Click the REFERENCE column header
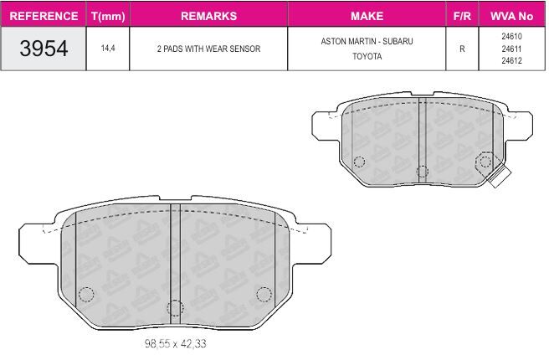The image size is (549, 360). (x=44, y=16)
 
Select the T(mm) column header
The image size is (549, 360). (x=108, y=17)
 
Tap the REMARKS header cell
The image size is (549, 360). (x=208, y=16)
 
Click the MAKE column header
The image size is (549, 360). (x=367, y=16)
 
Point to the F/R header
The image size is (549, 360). (x=462, y=16)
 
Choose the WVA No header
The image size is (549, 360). (x=511, y=16)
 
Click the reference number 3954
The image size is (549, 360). (x=44, y=49)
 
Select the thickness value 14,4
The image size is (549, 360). (x=108, y=49)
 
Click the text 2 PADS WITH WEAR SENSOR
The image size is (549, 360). (x=208, y=49)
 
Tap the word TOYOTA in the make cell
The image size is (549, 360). (x=367, y=56)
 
